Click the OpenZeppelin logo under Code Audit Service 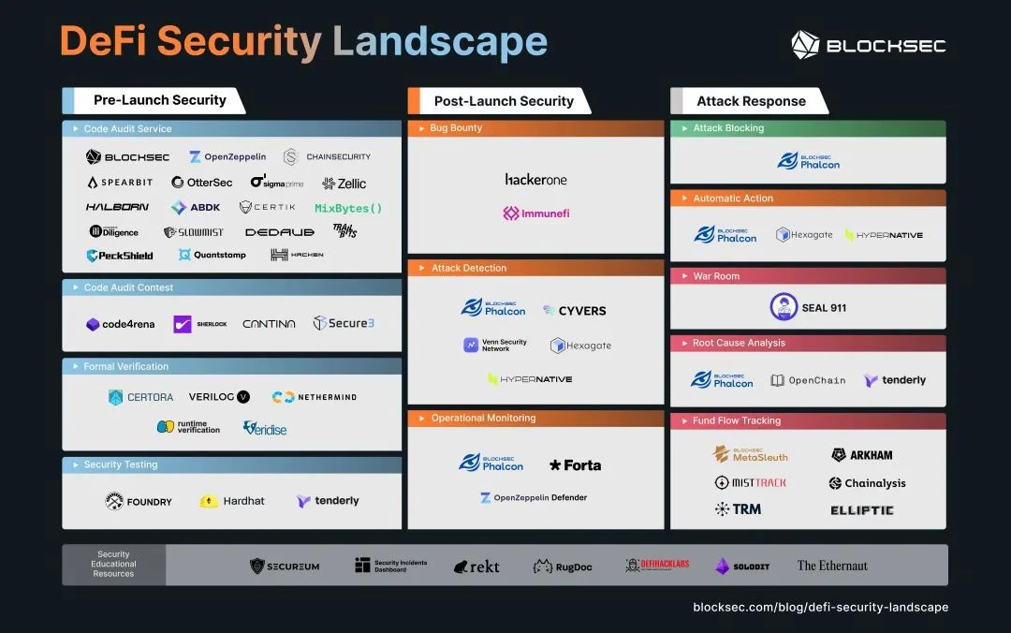227,157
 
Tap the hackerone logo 535,179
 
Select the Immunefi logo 535,213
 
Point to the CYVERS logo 574,310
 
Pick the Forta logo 575,464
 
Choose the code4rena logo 119,324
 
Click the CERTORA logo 140,397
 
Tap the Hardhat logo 232,501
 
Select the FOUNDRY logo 139,501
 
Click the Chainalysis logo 867,483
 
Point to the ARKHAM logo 861,455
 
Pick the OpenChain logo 807,380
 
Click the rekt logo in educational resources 476,567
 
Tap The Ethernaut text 832,566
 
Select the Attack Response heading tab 751,101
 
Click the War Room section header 716,276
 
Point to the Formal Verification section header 126,366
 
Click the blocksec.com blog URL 820,608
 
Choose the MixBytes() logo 348,208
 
